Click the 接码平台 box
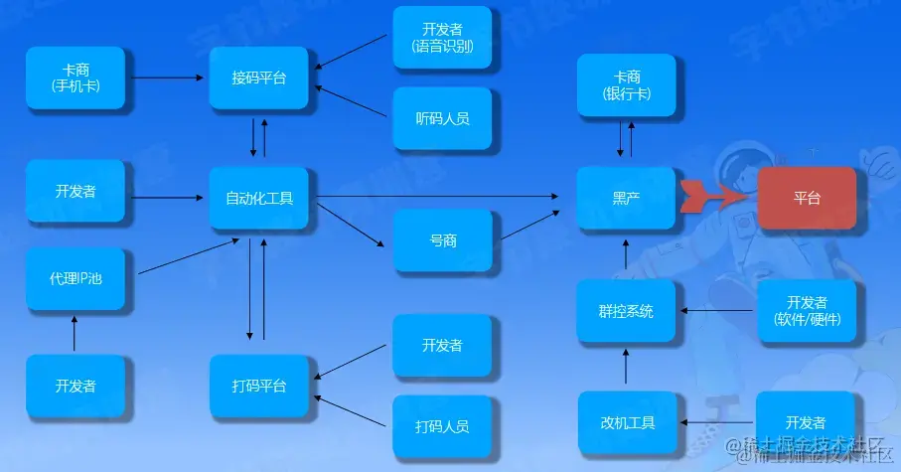tap(258, 78)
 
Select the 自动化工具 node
tap(258, 198)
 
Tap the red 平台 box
tap(807, 198)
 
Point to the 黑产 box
tap(626, 198)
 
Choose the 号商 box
tap(443, 240)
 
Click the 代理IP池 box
tap(75, 278)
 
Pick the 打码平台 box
tap(258, 386)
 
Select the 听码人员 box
tap(443, 118)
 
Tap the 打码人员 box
tap(443, 426)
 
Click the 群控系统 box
tap(626, 311)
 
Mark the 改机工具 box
tap(626, 423)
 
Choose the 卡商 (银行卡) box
tap(626, 85)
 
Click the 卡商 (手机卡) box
tap(75, 78)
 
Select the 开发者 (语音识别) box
tap(443, 38)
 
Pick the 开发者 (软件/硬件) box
tap(807, 311)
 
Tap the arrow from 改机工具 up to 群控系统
tap(626, 368)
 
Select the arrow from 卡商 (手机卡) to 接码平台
tap(167, 77)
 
